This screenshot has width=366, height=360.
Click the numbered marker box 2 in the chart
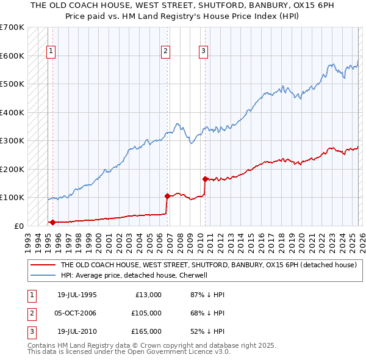(x=165, y=51)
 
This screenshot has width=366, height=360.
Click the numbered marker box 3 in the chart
(x=203, y=51)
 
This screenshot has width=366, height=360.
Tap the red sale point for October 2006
(x=167, y=196)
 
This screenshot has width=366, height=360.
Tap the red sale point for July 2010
(x=205, y=179)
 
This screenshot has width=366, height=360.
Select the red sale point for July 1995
(x=52, y=222)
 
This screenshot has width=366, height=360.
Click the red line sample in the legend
(x=42, y=265)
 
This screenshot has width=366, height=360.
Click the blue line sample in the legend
(x=42, y=275)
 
